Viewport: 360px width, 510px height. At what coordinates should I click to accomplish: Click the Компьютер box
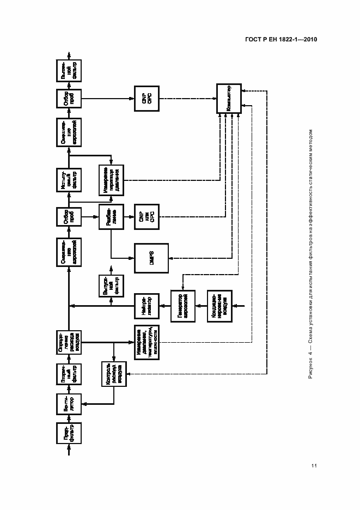click(x=229, y=99)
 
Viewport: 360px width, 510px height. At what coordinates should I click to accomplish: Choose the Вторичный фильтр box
click(x=69, y=374)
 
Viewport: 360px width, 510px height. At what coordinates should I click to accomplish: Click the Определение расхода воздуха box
click(x=69, y=342)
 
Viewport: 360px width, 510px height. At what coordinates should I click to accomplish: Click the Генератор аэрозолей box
click(x=182, y=306)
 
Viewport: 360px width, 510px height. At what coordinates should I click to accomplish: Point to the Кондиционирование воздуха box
click(x=220, y=306)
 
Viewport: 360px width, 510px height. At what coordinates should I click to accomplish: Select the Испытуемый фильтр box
click(x=69, y=180)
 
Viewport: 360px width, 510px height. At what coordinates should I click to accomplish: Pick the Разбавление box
click(x=112, y=217)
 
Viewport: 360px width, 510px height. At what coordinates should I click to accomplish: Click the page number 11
click(x=314, y=465)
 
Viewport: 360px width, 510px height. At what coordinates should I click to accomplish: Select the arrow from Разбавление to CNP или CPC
click(x=130, y=217)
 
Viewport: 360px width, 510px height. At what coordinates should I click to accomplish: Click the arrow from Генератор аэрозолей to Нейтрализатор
click(x=165, y=306)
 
